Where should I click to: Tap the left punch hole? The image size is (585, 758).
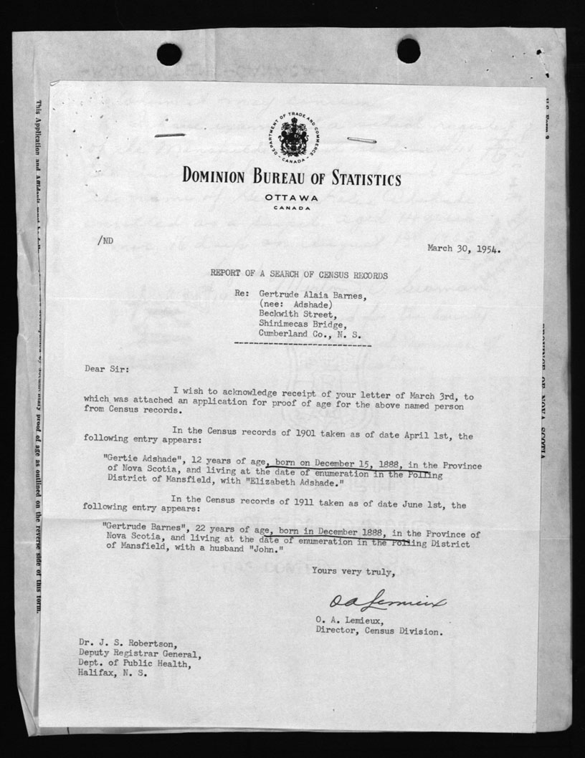pos(169,54)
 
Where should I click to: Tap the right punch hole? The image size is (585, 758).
pos(409,51)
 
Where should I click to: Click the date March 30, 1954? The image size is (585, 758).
pos(464,249)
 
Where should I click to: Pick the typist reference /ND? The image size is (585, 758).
pos(105,241)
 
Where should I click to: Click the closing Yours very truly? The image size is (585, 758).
pos(353,571)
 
